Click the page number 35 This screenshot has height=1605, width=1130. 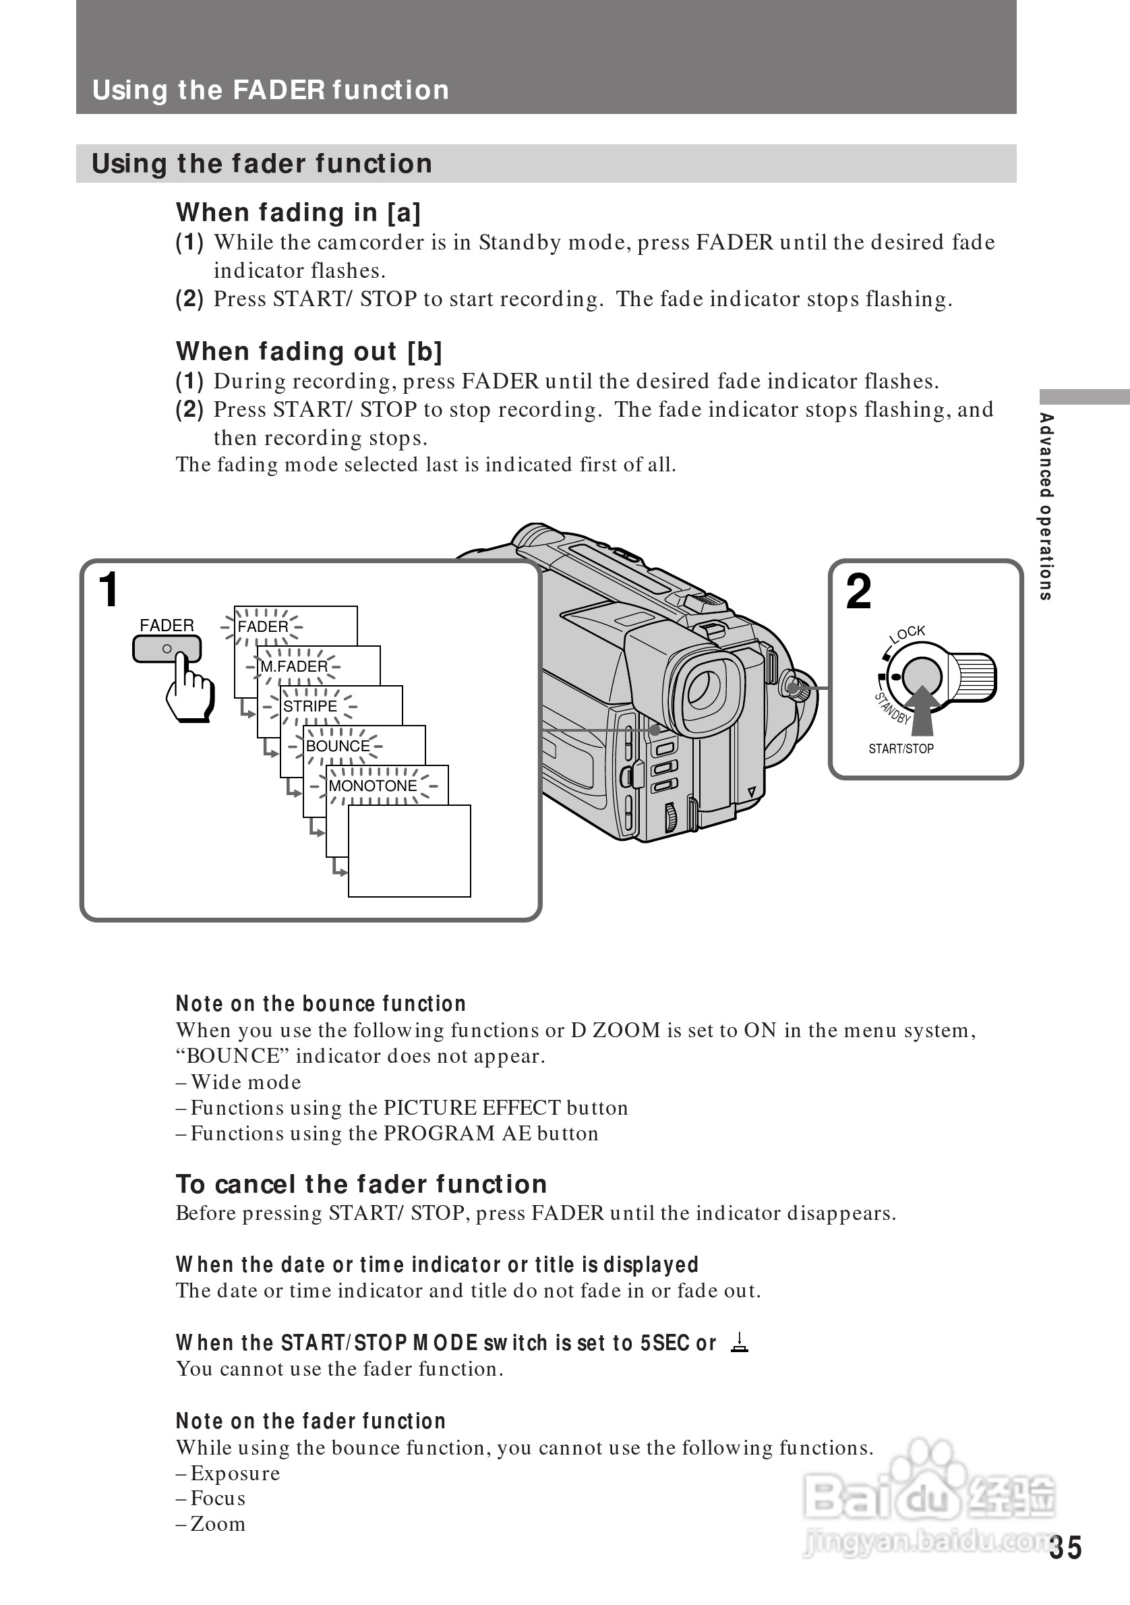pyautogui.click(x=1065, y=1548)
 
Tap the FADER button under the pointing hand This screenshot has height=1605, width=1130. pyautogui.click(x=167, y=649)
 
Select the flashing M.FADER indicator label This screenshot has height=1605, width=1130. pyautogui.click(x=293, y=666)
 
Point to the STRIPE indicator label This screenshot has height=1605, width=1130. pyautogui.click(x=309, y=706)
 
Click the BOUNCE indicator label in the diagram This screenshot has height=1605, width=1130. pyautogui.click(x=338, y=746)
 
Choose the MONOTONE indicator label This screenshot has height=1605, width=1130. pyautogui.click(x=372, y=786)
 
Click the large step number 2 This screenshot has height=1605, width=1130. pyautogui.click(x=858, y=591)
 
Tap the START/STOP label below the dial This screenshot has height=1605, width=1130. pyautogui.click(x=901, y=749)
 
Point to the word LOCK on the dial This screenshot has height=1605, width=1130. pyautogui.click(x=908, y=633)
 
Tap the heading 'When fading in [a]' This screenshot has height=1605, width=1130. pyautogui.click(x=298, y=212)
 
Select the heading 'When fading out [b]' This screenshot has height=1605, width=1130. pyautogui.click(x=309, y=351)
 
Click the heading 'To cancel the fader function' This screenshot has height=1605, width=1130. pyautogui.click(x=361, y=1184)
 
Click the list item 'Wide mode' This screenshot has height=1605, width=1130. pyautogui.click(x=245, y=1082)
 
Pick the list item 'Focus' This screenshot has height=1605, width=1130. pyautogui.click(x=217, y=1498)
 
